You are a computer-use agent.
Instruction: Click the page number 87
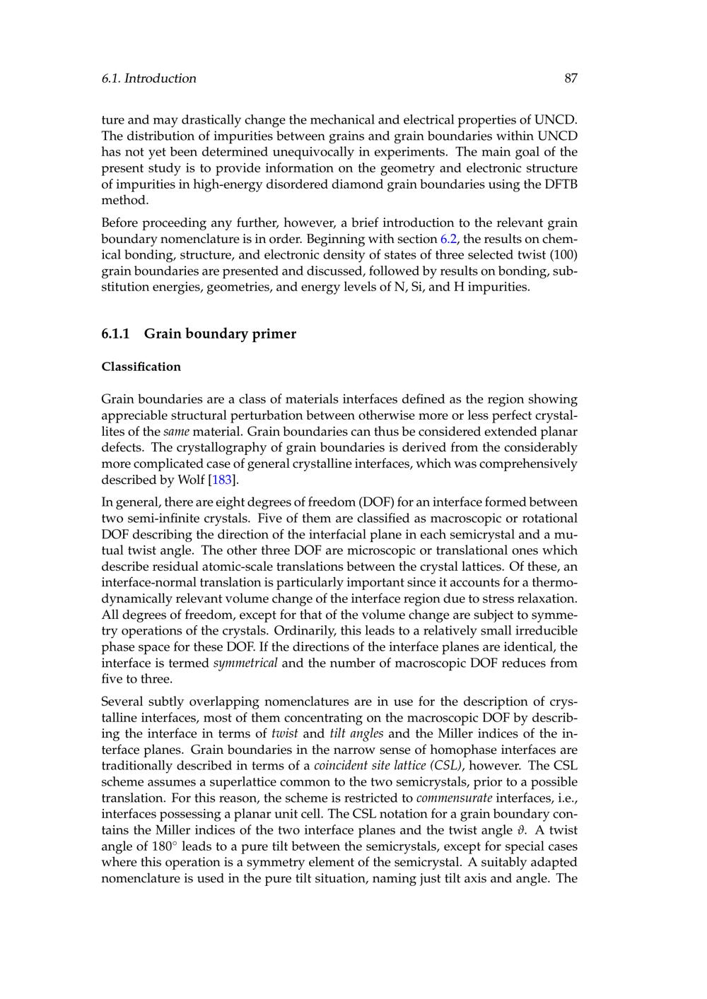(571, 78)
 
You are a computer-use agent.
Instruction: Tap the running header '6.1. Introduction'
(148, 78)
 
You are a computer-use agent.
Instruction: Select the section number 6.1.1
(116, 334)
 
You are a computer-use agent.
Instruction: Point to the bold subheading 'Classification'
(141, 367)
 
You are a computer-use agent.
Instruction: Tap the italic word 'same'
(176, 432)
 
